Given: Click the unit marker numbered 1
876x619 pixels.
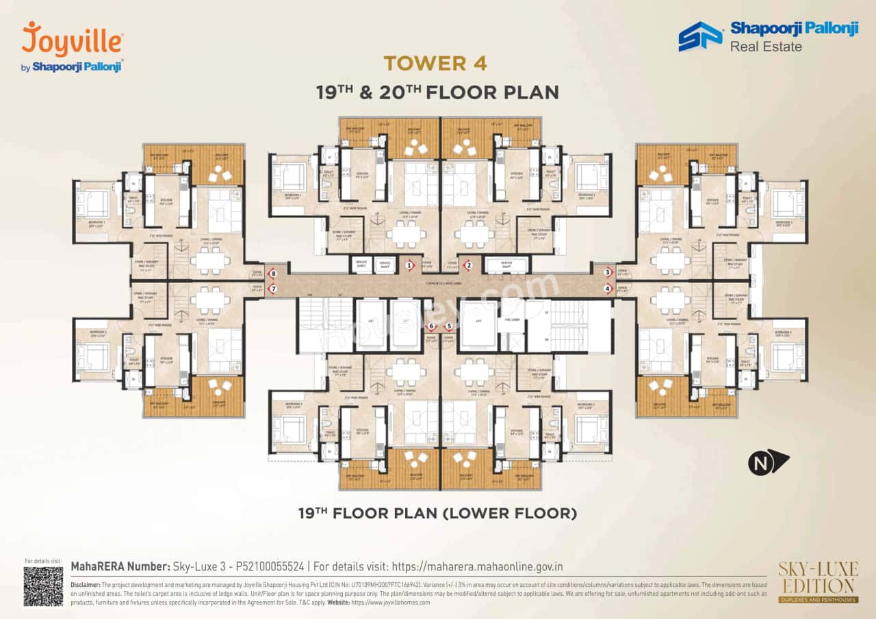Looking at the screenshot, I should (x=410, y=265).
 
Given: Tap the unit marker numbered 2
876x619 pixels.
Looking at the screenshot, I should (x=469, y=265).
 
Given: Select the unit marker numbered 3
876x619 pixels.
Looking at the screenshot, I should (x=607, y=272).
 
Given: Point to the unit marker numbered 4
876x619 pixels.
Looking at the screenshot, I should (x=607, y=288).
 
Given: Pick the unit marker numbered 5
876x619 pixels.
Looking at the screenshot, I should (x=450, y=326).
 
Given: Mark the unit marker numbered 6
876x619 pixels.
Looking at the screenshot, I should (x=431, y=326).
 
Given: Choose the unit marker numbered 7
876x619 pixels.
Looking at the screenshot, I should (x=273, y=289).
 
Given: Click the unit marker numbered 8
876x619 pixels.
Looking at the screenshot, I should (x=273, y=274).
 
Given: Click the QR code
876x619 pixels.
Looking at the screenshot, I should (x=43, y=586).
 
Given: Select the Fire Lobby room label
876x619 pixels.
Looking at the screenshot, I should (x=511, y=318).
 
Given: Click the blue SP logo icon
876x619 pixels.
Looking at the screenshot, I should (x=700, y=36).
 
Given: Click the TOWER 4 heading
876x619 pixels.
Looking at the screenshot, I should (x=435, y=64).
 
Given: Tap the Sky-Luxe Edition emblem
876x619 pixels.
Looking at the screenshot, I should (x=816, y=582).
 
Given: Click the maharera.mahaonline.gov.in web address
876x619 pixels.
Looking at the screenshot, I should (x=477, y=566).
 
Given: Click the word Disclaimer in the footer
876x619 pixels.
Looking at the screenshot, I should (x=85, y=585).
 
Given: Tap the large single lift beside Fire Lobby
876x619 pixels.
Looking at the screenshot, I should (x=478, y=327).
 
